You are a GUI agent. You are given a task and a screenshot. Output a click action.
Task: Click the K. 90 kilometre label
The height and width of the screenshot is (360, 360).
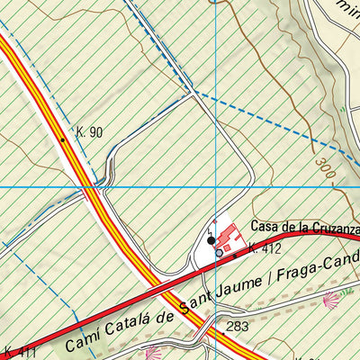(x=90, y=132)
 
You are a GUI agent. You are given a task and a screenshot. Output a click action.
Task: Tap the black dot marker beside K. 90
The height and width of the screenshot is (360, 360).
(x=62, y=139)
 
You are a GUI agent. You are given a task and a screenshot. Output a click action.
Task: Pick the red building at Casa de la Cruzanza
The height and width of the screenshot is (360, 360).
(x=229, y=238)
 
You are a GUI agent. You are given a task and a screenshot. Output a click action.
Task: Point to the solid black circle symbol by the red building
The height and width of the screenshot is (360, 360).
(x=211, y=241)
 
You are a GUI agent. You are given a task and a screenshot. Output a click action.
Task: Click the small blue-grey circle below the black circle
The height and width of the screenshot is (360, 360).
(x=219, y=254)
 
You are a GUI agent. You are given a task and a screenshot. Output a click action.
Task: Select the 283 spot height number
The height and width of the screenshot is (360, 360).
(x=238, y=327)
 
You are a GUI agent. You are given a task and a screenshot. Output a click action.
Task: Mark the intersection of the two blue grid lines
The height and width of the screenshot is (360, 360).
(x=217, y=186)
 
